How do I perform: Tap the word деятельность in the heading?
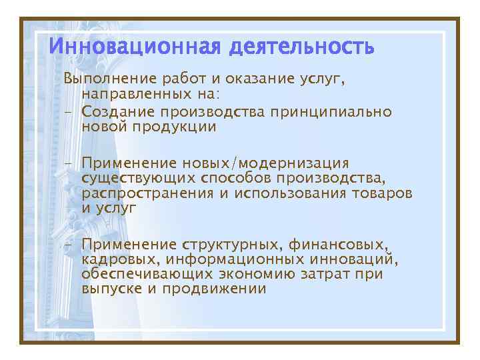301,48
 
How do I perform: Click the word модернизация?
294,163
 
